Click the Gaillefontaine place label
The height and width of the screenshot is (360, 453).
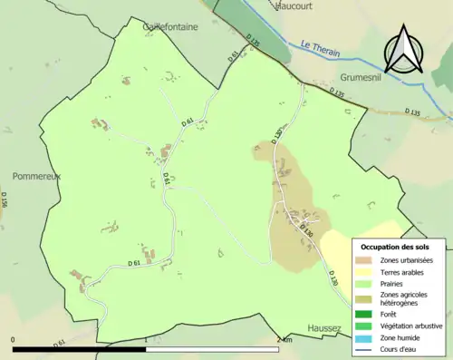(170, 27)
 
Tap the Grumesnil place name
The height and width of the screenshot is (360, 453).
(365, 78)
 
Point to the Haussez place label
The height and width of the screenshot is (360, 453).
(323, 328)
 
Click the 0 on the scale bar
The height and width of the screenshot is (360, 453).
(14, 340)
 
